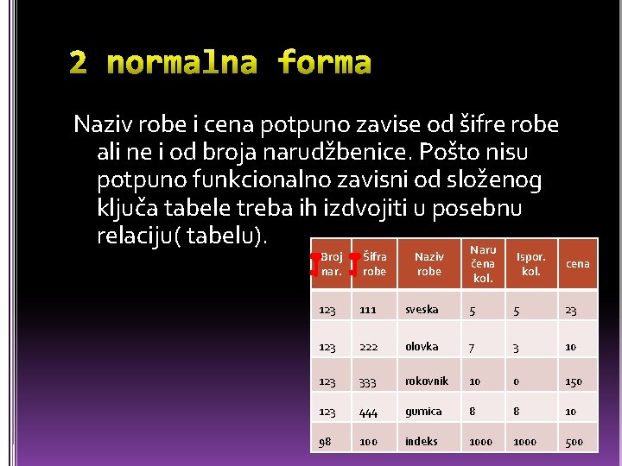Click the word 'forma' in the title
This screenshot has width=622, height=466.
click(325, 64)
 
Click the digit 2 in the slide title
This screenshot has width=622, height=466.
click(79, 64)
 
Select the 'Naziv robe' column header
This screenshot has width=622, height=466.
click(428, 263)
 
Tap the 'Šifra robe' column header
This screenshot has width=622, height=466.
click(375, 263)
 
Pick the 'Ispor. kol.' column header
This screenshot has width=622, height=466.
click(530, 263)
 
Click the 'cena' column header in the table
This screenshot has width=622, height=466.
click(577, 263)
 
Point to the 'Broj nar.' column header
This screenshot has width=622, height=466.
click(332, 263)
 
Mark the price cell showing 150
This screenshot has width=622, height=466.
click(574, 381)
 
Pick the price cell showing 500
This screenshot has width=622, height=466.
click(574, 442)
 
